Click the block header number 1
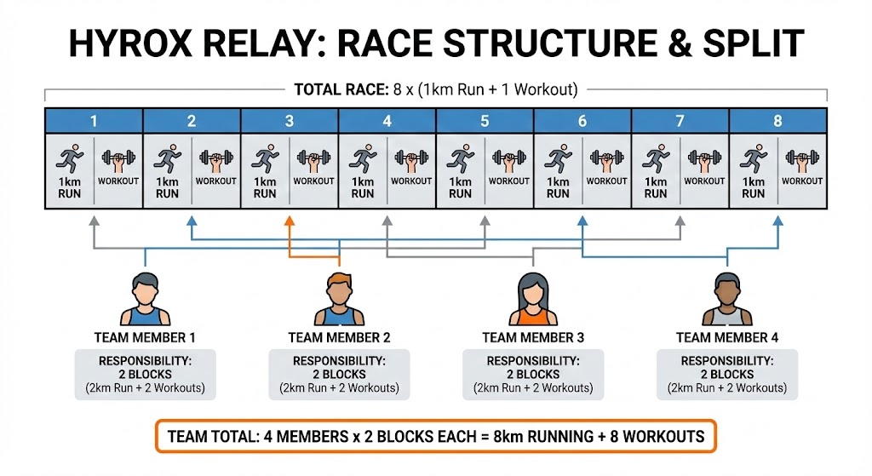(x=94, y=121)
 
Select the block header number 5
(x=485, y=121)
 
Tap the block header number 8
(x=777, y=121)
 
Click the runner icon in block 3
(x=265, y=159)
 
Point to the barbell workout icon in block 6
(x=606, y=159)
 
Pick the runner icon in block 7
(x=656, y=159)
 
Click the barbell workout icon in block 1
(x=118, y=159)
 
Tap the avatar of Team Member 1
(x=145, y=300)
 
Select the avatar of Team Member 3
(x=533, y=300)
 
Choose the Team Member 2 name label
(x=339, y=338)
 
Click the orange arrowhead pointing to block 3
(x=289, y=221)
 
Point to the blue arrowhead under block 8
(x=777, y=221)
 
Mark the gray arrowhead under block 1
(x=94, y=221)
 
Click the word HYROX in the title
(x=135, y=43)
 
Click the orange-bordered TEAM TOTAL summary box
(x=436, y=437)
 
